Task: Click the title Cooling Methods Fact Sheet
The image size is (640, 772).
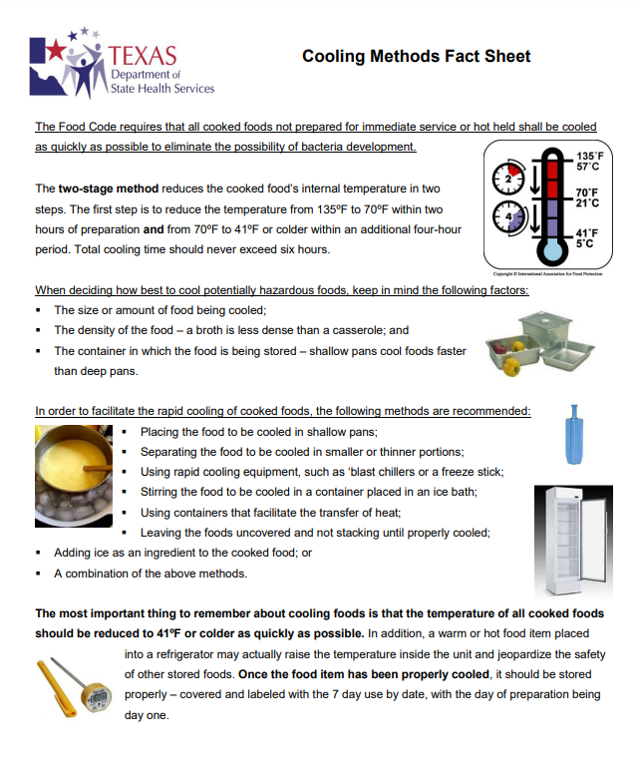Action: click(x=416, y=57)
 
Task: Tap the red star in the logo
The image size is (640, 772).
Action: click(x=51, y=49)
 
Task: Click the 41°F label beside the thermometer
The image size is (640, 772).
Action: click(x=587, y=236)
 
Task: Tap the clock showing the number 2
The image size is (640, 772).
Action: click(x=509, y=181)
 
